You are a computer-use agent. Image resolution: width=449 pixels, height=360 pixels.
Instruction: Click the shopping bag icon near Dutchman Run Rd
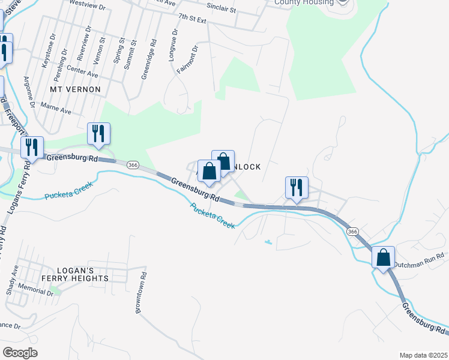pyautogui.click(x=383, y=257)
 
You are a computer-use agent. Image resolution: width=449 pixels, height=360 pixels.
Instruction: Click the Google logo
pyautogui.click(x=20, y=352)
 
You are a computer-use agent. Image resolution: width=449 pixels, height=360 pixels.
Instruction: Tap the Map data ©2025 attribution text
pyautogui.click(x=423, y=355)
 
